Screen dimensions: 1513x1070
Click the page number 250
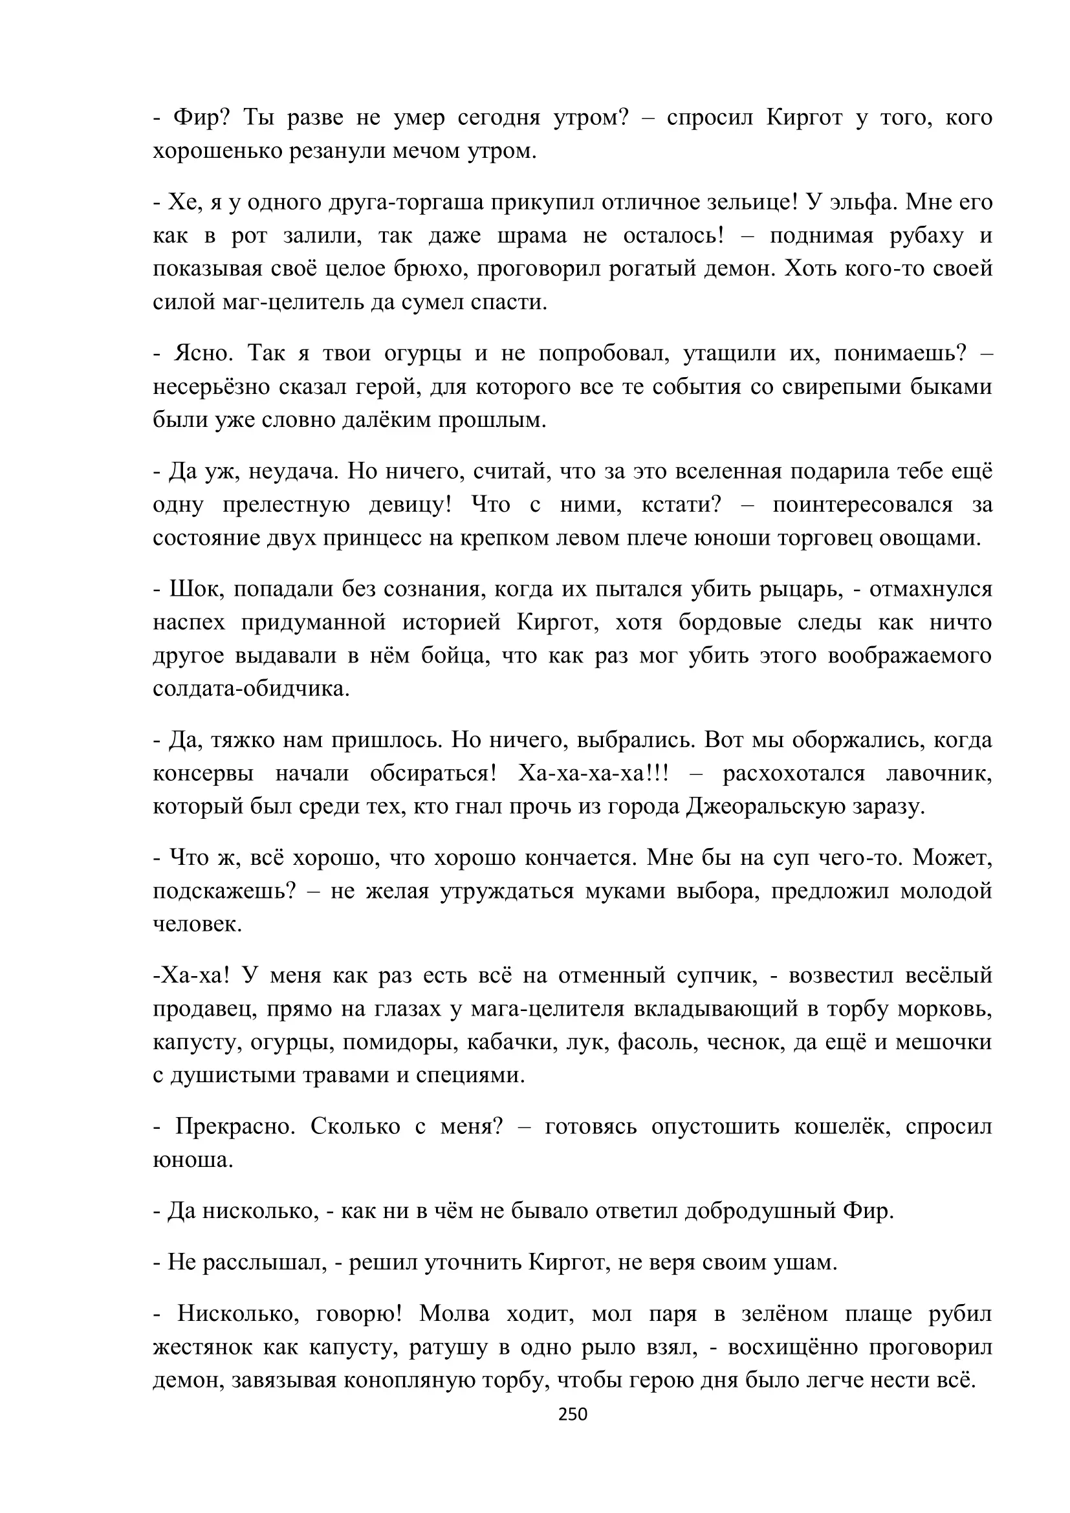(572, 1414)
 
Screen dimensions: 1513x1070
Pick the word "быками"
(951, 387)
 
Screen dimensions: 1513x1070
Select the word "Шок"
(189, 589)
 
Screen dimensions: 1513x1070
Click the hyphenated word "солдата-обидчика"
(250, 690)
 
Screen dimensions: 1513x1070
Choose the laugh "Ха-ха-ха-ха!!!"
(593, 774)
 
